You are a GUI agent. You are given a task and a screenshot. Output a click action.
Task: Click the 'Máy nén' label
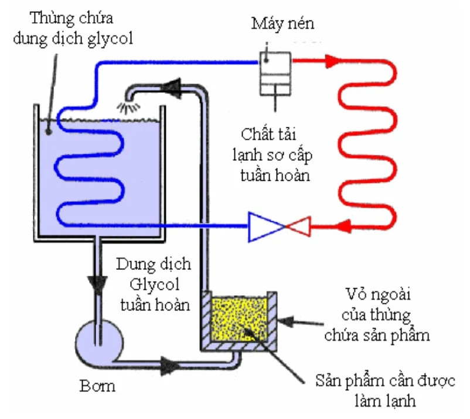point(282,23)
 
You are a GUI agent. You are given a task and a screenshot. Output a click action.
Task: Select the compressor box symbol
point(275,73)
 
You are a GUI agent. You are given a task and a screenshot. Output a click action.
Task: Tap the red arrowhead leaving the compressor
point(332,61)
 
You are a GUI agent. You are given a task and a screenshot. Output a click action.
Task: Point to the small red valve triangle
point(299,226)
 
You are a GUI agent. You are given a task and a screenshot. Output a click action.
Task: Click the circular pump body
point(99,344)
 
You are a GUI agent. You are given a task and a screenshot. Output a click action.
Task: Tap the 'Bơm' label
point(97,386)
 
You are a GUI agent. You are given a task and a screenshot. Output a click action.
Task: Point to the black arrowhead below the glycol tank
point(97,285)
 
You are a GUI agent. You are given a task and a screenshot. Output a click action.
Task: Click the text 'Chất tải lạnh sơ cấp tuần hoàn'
point(272,155)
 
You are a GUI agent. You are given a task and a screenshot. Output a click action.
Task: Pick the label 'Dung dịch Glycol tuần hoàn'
point(154,285)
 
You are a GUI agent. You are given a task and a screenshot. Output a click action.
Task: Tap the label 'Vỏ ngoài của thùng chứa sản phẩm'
point(377,315)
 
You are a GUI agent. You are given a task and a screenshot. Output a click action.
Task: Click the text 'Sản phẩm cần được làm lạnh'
point(385,390)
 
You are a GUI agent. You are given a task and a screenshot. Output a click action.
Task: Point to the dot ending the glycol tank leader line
point(48,131)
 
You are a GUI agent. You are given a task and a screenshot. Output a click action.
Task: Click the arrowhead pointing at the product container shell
point(285,321)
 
